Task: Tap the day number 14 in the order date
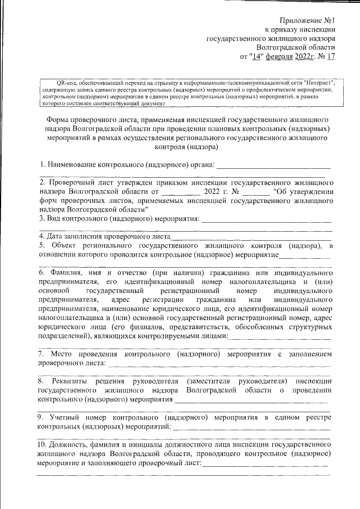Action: coord(256,56)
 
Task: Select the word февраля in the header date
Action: coord(280,56)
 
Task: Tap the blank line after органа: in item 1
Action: coord(273,165)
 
